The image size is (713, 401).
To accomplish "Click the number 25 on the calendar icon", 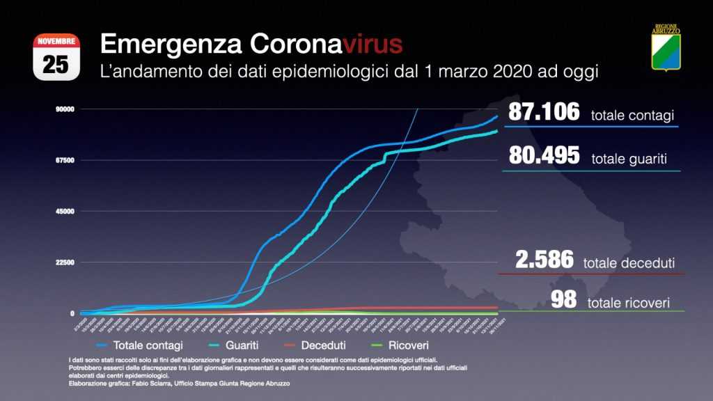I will coord(56,63).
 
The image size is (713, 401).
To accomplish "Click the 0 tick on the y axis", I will coord(72,313).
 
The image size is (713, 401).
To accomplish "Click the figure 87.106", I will coord(544,112).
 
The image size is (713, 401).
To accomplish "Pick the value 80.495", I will coord(544,155).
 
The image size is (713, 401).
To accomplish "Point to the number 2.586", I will coord(544,260).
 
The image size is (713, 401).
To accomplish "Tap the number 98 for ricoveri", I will coord(564,300).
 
